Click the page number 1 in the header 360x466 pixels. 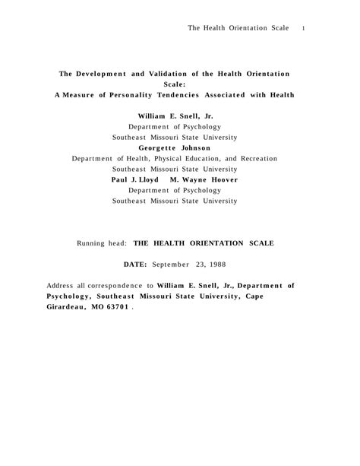[x=303, y=28]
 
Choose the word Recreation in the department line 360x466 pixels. [x=254, y=159]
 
